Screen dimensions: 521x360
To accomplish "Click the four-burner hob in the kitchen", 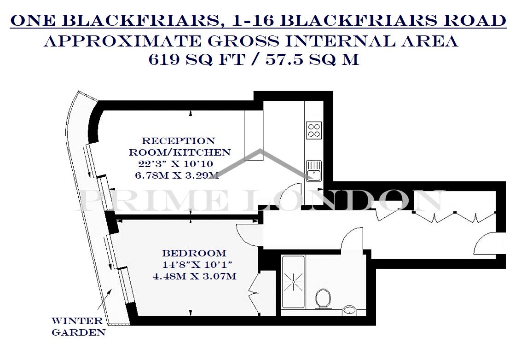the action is tap(314, 130).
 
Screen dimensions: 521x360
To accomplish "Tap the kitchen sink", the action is tap(314, 170).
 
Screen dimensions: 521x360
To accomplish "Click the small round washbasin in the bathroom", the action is tap(349, 310).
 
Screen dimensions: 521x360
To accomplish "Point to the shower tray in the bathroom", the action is tap(293, 282).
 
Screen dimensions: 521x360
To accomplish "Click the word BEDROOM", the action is tap(194, 253).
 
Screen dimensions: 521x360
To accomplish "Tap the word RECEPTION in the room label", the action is tap(179, 140).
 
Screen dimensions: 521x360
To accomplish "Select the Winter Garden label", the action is tap(78, 326).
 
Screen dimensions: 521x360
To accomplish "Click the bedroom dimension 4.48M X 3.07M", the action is tap(195, 276).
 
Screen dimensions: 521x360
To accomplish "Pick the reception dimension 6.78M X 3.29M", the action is tap(177, 175).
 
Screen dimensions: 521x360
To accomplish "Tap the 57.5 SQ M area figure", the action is tap(312, 60).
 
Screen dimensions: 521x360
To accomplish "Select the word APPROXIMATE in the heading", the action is tap(123, 41).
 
